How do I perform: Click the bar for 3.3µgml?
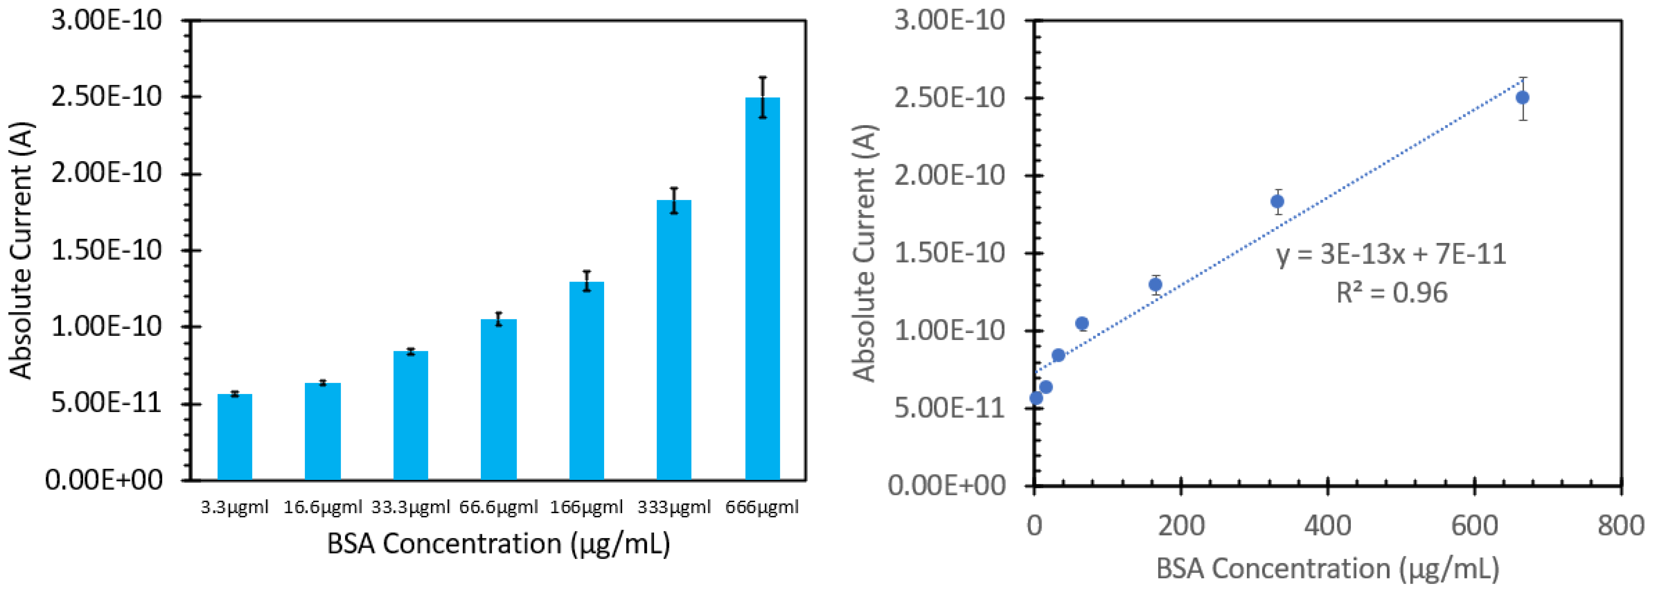point(235,437)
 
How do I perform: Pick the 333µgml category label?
point(674,507)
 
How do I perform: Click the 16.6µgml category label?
point(323,507)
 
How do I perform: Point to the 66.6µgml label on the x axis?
point(498,507)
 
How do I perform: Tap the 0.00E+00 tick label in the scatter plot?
point(946,485)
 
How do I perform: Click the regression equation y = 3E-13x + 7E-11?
point(1391,255)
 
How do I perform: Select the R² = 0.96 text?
point(1392,293)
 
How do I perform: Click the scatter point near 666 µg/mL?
point(1522,98)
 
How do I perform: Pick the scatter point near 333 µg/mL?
point(1277,202)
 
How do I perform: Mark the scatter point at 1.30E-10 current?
point(1155,284)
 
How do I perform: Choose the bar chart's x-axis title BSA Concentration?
point(499,544)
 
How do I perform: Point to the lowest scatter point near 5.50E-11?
point(1036,398)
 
